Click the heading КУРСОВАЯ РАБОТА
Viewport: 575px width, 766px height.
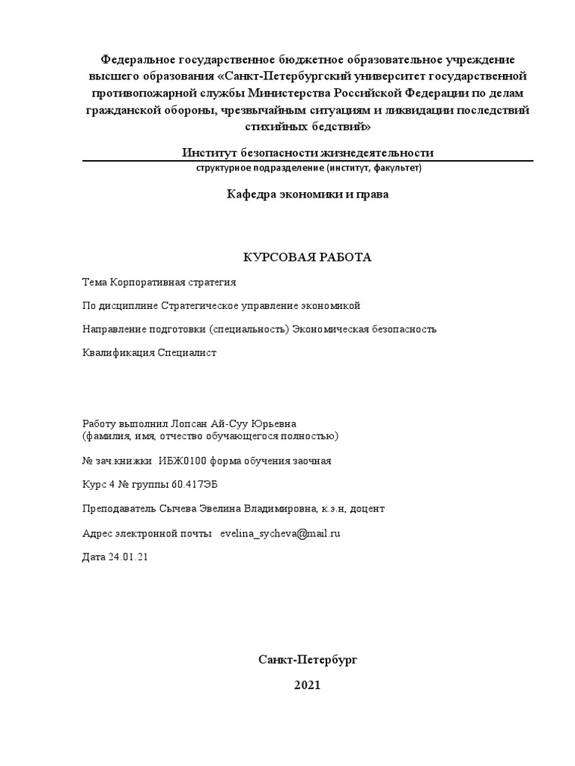[308, 257]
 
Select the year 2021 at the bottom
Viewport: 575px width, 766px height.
[308, 684]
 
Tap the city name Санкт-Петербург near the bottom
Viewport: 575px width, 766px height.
[308, 660]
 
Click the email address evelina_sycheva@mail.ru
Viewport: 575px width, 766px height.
[281, 533]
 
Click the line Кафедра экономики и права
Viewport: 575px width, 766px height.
[308, 194]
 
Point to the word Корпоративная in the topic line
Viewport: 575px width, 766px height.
[144, 282]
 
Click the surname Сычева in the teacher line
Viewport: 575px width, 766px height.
[177, 509]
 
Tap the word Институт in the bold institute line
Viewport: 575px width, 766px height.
[210, 153]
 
